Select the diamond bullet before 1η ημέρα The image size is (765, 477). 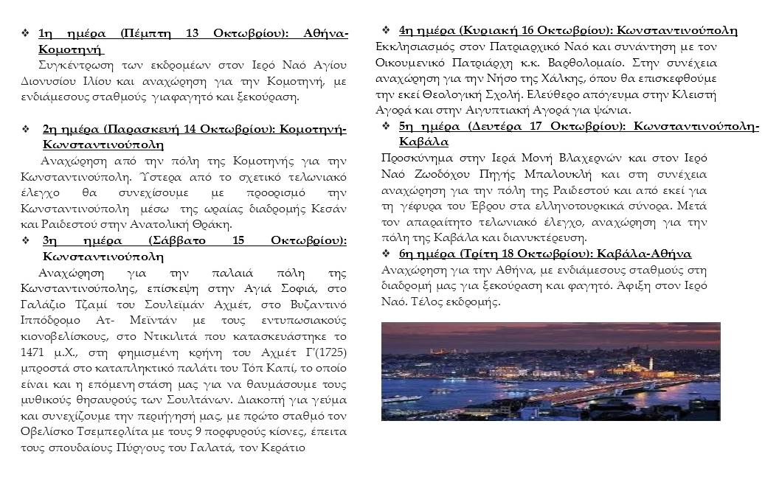pyautogui.click(x=26, y=34)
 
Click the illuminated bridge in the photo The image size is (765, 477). pyautogui.click(x=546, y=389)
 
